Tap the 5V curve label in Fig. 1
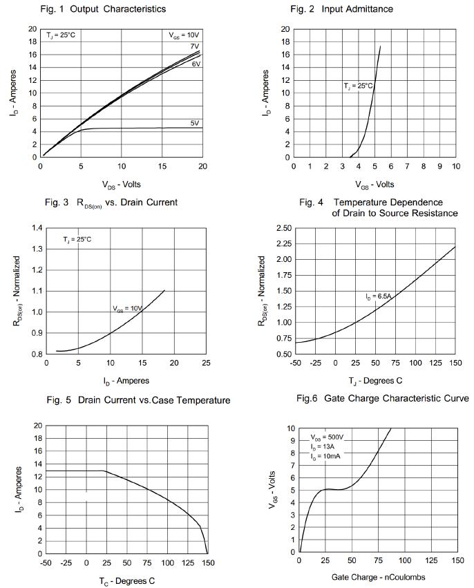point(195,123)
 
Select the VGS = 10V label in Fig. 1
point(184,35)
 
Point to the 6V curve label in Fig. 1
point(196,64)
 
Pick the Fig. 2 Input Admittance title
point(351,9)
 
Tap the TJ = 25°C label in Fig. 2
point(358,86)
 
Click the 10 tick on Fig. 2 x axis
point(455,167)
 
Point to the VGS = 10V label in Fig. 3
point(127,309)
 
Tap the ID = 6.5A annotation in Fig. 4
point(379,296)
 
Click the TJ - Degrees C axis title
point(376,380)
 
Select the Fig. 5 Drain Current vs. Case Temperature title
point(138,400)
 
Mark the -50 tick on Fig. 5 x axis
point(46,563)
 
